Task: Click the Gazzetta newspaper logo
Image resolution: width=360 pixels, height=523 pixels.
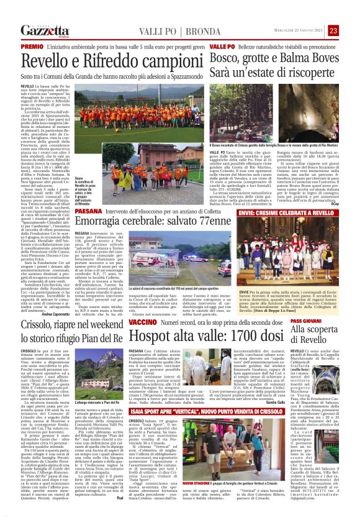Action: point(43,31)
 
